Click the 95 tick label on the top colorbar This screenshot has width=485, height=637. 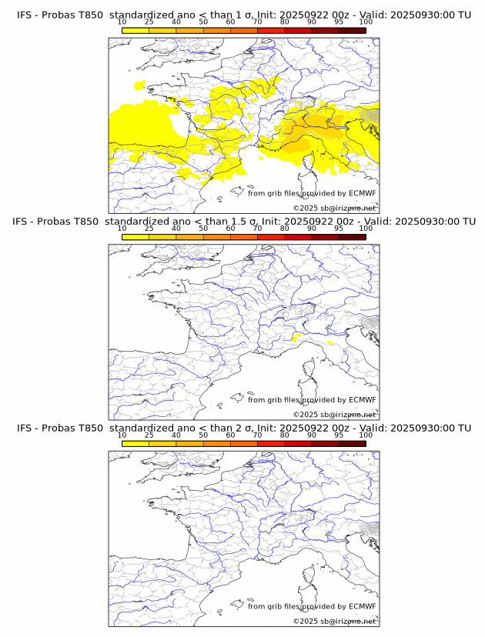(339, 22)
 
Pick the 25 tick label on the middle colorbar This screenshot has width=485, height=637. (149, 228)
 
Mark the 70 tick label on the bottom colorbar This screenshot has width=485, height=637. (257, 435)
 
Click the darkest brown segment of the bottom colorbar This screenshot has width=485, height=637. (352, 443)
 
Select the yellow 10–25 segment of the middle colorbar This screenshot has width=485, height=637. (135, 237)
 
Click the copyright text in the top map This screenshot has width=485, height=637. (335, 208)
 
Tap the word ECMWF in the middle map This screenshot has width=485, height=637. (363, 400)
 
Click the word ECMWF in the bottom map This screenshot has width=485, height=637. (363, 606)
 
